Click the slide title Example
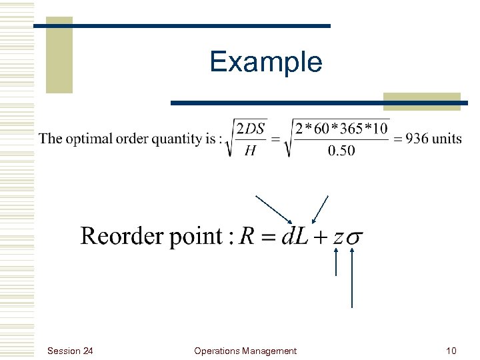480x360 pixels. [x=265, y=63]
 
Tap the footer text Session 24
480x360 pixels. [x=71, y=351]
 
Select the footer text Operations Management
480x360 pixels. [x=245, y=351]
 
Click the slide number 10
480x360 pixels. [x=451, y=351]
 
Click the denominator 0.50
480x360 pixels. [x=341, y=151]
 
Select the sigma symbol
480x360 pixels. [x=356, y=238]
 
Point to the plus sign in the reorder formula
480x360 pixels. [x=320, y=237]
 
